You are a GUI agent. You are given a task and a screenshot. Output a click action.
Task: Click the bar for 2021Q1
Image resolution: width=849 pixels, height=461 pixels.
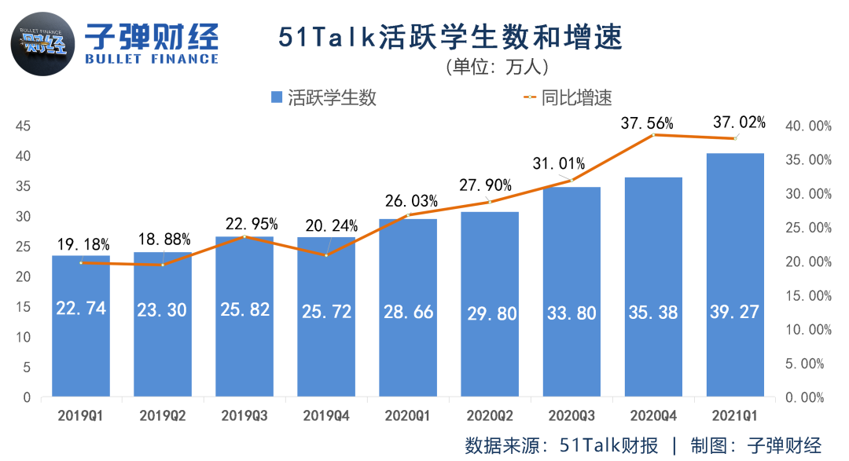pos(735,275)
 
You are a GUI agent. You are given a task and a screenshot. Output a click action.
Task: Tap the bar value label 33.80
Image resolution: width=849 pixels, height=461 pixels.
pos(572,313)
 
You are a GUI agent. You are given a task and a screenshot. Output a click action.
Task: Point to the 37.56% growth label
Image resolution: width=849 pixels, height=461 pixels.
pos(647,123)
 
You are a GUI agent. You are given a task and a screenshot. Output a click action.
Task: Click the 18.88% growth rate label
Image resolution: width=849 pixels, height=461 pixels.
pos(164,240)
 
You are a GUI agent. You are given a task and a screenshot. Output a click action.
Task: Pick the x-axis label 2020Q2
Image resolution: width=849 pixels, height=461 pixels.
pos(490,414)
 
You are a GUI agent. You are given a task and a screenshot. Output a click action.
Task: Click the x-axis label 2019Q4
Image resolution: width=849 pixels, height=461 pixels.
pos(326,414)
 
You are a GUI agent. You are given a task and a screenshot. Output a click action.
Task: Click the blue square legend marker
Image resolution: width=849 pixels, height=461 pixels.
pos(276,97)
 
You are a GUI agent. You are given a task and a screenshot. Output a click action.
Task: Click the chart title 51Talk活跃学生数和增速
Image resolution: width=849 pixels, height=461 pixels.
pos(450,38)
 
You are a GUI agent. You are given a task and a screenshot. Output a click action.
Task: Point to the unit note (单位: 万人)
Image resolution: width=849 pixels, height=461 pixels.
pos(495,67)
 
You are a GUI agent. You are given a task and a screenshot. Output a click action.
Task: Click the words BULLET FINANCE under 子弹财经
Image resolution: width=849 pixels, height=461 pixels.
pos(151,59)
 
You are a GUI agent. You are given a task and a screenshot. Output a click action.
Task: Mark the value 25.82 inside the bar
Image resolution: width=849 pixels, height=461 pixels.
pos(244,310)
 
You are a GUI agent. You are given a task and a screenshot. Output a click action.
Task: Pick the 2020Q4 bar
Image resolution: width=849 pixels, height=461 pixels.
pos(653,287)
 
